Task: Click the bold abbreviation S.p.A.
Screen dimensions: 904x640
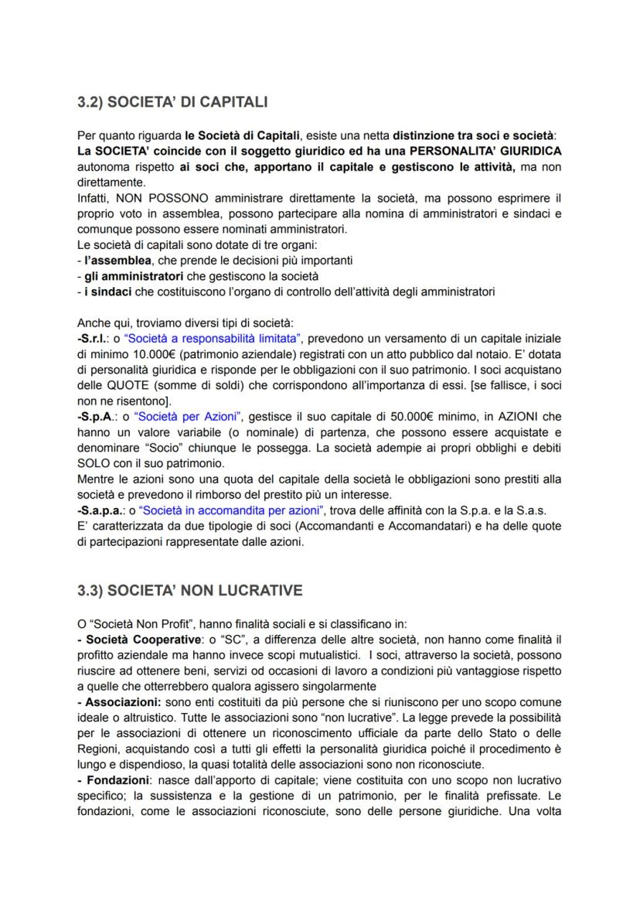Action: point(97,416)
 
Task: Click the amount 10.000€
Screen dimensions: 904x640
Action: point(131,353)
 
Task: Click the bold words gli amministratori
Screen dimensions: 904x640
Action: point(123,276)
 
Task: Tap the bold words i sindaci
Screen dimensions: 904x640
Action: point(104,292)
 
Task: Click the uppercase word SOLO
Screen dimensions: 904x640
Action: point(94,463)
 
